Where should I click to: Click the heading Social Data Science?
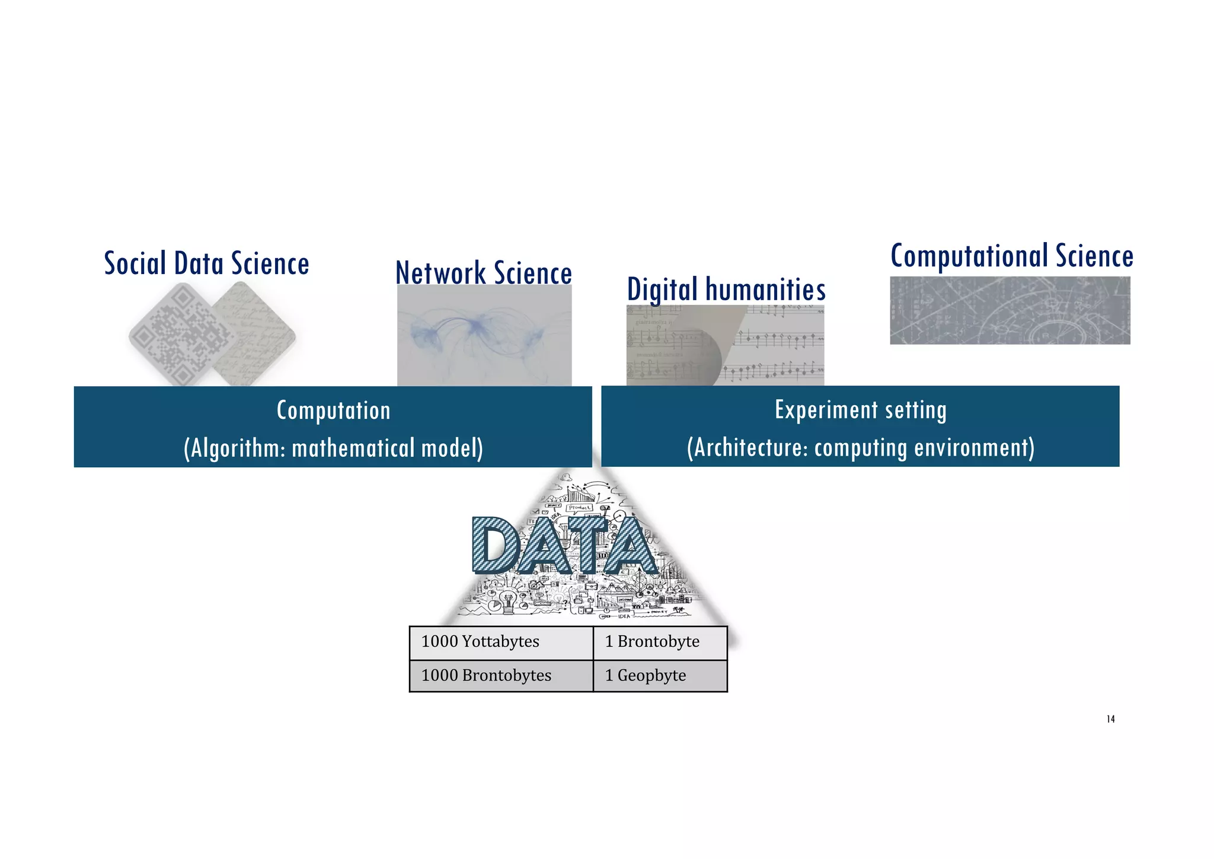pos(206,264)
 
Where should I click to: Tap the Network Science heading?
pos(484,273)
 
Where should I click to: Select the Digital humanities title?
pos(726,290)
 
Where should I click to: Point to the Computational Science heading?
pos(1012,256)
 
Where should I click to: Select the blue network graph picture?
pos(484,336)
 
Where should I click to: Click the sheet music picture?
pos(725,345)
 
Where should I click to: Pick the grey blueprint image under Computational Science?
pos(1009,310)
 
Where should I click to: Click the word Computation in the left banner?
pos(333,411)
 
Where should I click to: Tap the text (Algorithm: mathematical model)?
pos(333,448)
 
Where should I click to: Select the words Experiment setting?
pos(860,410)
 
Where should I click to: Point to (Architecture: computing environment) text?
pos(860,448)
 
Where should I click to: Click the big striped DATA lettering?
pos(564,546)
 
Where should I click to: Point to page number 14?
pos(1110,720)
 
